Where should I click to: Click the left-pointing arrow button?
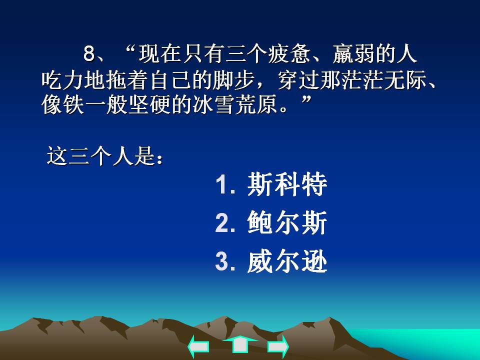[x=198, y=346]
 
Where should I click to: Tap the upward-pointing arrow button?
[x=239, y=344]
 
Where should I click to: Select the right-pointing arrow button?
[x=278, y=346]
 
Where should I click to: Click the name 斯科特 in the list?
[x=287, y=185]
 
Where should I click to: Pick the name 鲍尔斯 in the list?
[x=287, y=223]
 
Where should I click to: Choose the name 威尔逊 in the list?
[x=287, y=261]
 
